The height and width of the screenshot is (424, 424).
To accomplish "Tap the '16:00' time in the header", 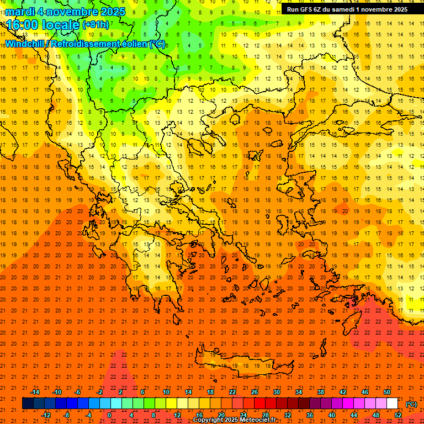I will pos(22,25).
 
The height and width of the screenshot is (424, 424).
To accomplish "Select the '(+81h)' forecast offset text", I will pos(96,25).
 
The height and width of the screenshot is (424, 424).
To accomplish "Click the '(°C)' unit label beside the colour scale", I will pos(411,404).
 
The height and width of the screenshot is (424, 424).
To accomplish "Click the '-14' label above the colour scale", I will pos(35,392).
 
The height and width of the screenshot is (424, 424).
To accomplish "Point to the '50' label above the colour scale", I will pos(386,392).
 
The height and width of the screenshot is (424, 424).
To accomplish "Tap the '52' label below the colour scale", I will pos(398,415).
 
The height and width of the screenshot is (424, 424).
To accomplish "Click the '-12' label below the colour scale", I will pos(46,415).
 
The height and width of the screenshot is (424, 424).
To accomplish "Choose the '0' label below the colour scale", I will pos(109,415).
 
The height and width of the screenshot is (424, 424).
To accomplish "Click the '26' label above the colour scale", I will pos(254,392).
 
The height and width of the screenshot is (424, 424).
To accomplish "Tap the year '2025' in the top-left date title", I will pos(110,12).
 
